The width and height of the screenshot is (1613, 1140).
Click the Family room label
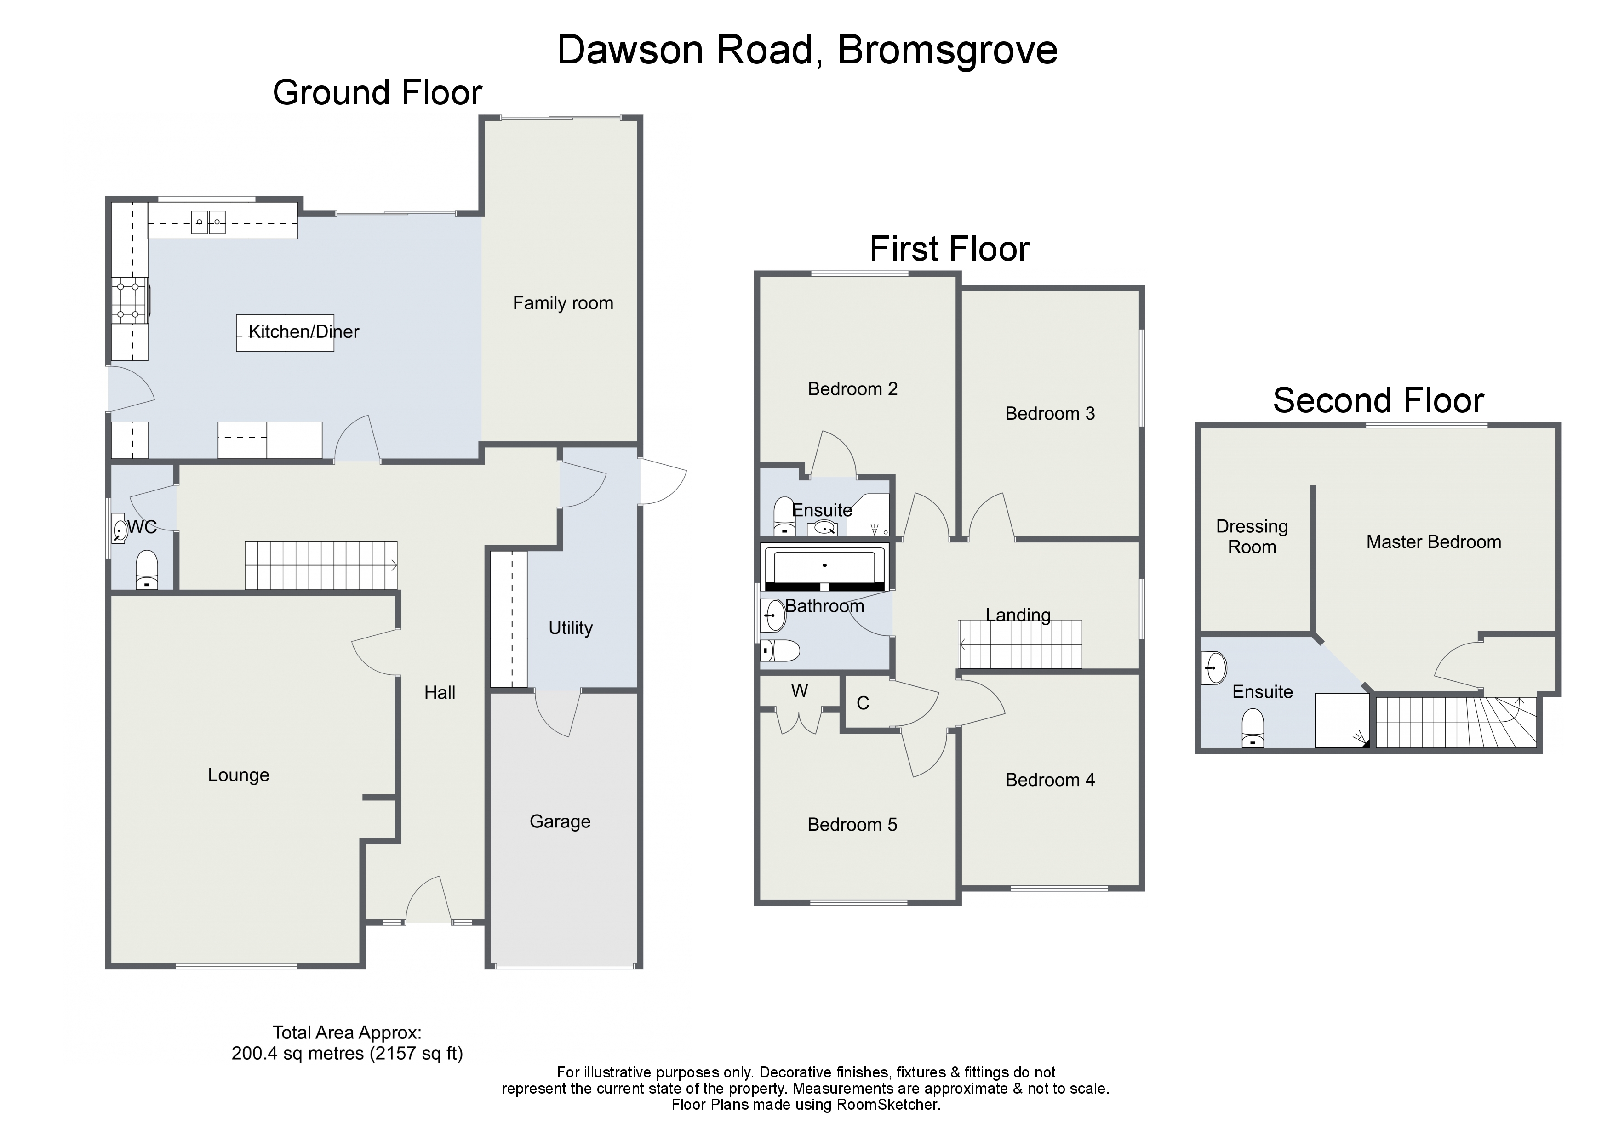pyautogui.click(x=563, y=303)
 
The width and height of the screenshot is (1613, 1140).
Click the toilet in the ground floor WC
pyautogui.click(x=146, y=570)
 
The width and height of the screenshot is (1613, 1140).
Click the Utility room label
pyautogui.click(x=571, y=627)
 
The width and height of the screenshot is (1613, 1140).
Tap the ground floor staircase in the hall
pyautogui.click(x=321, y=565)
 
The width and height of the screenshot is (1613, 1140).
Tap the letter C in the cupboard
pyautogui.click(x=863, y=703)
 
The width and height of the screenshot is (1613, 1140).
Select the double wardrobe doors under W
pyautogui.click(x=799, y=721)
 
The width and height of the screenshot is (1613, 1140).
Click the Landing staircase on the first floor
pyautogui.click(x=1020, y=644)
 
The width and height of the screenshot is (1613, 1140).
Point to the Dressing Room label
pyautogui.click(x=1252, y=536)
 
